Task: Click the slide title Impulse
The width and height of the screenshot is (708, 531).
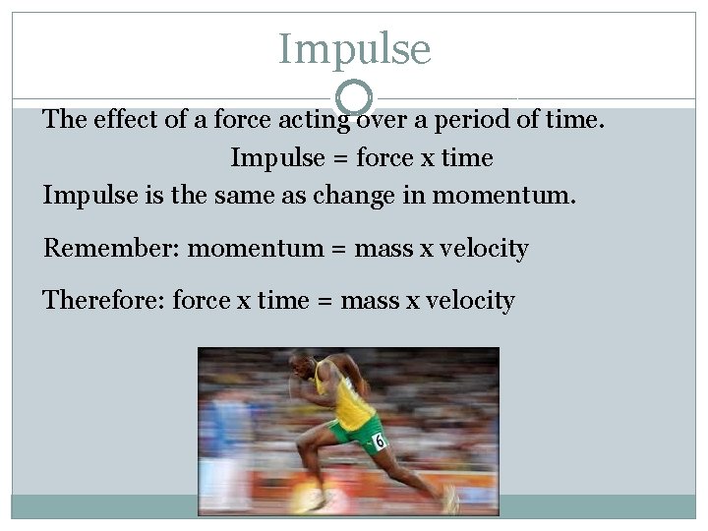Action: point(354,48)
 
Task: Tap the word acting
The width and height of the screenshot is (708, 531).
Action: point(315,121)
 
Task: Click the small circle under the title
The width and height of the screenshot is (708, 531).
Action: point(354,97)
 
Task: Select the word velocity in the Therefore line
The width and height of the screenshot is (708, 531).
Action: point(470,299)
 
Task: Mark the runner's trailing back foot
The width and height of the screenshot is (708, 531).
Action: point(449,501)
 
